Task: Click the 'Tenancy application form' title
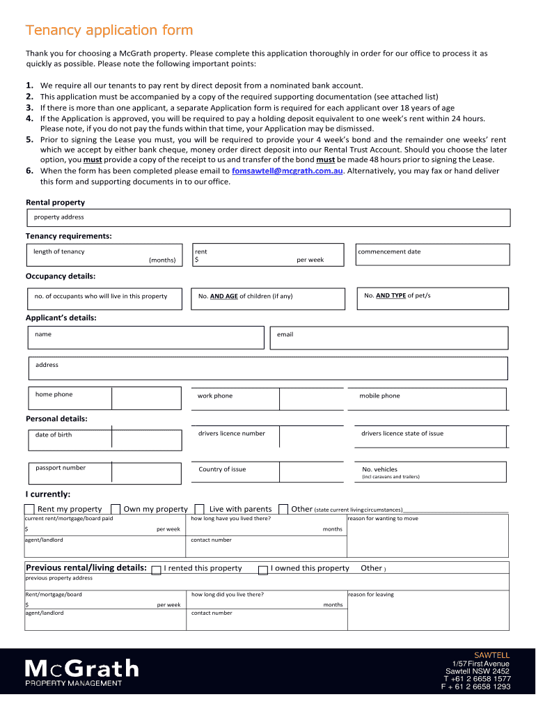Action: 109,31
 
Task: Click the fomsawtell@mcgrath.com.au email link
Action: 287,171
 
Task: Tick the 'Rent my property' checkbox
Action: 31,510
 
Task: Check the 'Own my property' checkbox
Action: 116,510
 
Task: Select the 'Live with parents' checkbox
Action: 199,510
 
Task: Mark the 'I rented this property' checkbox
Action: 157,570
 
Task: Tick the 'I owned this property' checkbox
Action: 263,570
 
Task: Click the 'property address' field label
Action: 59,217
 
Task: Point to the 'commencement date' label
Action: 389,252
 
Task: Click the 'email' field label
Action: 285,335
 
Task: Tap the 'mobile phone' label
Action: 379,396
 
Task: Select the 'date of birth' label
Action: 54,435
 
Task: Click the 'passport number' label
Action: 61,468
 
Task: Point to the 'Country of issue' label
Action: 222,469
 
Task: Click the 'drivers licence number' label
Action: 231,434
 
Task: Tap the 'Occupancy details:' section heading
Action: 61,276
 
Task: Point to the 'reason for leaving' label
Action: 371,595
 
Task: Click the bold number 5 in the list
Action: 30,139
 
